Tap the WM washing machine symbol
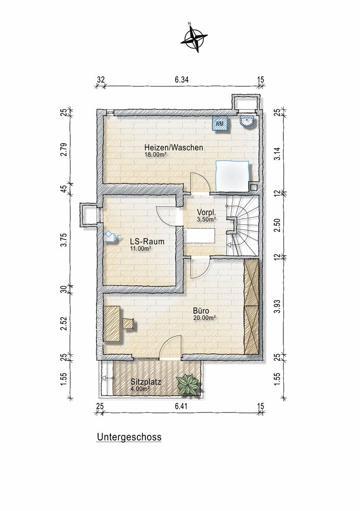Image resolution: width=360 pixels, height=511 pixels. tap(220, 124)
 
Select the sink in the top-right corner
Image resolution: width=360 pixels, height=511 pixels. tap(248, 122)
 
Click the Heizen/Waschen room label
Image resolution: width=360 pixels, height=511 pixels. tap(174, 148)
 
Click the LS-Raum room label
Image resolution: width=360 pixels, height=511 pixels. tap(147, 242)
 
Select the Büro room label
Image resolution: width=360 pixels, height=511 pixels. tap(201, 311)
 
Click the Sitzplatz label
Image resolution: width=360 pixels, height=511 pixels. tap(146, 382)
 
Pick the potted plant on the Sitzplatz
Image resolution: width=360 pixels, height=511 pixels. tap(187, 385)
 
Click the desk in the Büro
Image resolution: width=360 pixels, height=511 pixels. tap(112, 323)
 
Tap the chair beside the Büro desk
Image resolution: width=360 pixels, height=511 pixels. tap(129, 323)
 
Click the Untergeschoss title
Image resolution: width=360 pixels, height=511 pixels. tap(129, 437)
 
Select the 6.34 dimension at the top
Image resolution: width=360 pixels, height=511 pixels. tap(182, 80)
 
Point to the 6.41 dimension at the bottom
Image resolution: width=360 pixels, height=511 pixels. tap(182, 406)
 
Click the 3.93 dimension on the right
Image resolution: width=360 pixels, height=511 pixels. tap(277, 307)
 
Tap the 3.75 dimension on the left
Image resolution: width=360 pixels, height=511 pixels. tap(64, 240)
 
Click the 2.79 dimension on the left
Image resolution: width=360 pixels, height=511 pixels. tap(64, 150)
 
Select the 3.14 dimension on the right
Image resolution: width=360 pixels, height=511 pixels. tap(277, 153)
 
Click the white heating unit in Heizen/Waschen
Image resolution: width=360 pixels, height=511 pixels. tap(233, 176)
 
